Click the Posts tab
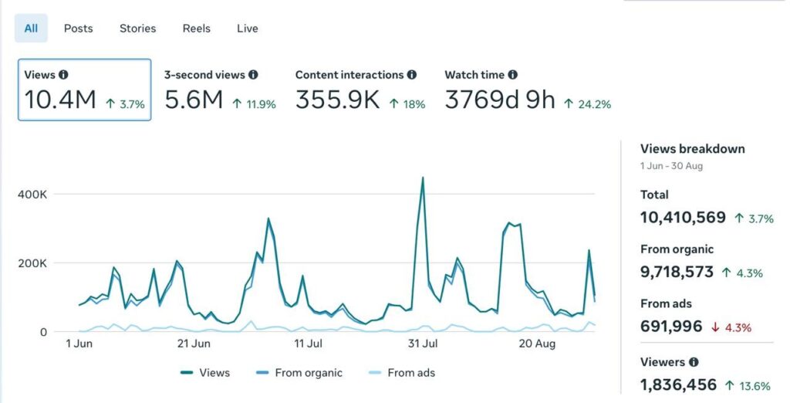pos(78,29)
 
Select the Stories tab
pos(137,29)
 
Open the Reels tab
pos(197,29)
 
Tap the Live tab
pos(248,29)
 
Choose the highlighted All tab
pos(31,29)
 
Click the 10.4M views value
pos(60,100)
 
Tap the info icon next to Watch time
pos(512,75)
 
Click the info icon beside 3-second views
pos(253,75)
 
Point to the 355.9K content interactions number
pos(337,100)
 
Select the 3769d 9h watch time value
pos(500,100)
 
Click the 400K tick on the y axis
pos(32,195)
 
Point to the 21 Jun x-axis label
pos(194,344)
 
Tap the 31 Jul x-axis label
pos(423,344)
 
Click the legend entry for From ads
pos(401,373)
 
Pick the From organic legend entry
pos(299,373)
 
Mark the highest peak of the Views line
pos(423,177)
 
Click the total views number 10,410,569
pos(683,218)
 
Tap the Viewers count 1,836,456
pos(678,384)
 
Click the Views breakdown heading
pos(692,149)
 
